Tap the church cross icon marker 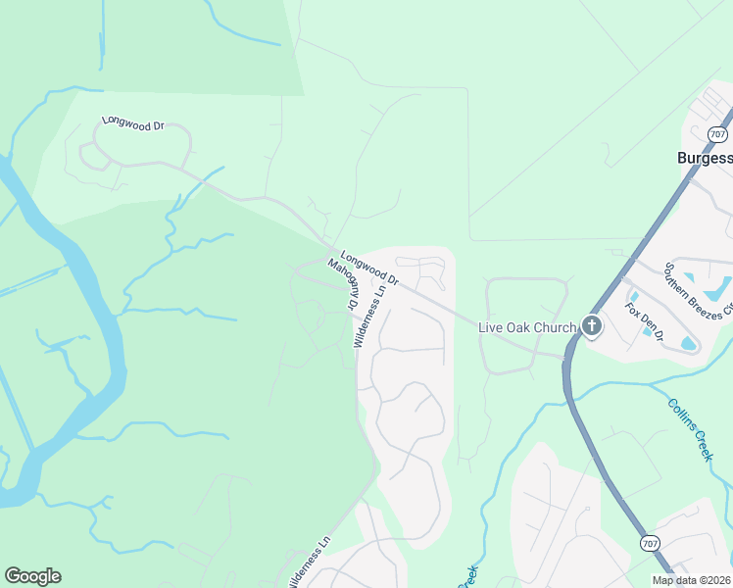click(x=591, y=326)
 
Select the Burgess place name click(x=704, y=158)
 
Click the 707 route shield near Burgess click(x=717, y=134)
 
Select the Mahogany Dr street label click(x=342, y=283)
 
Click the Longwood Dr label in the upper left click(x=132, y=124)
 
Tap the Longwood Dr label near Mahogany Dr click(x=369, y=266)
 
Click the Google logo click(x=32, y=576)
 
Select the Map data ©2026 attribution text click(x=691, y=580)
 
